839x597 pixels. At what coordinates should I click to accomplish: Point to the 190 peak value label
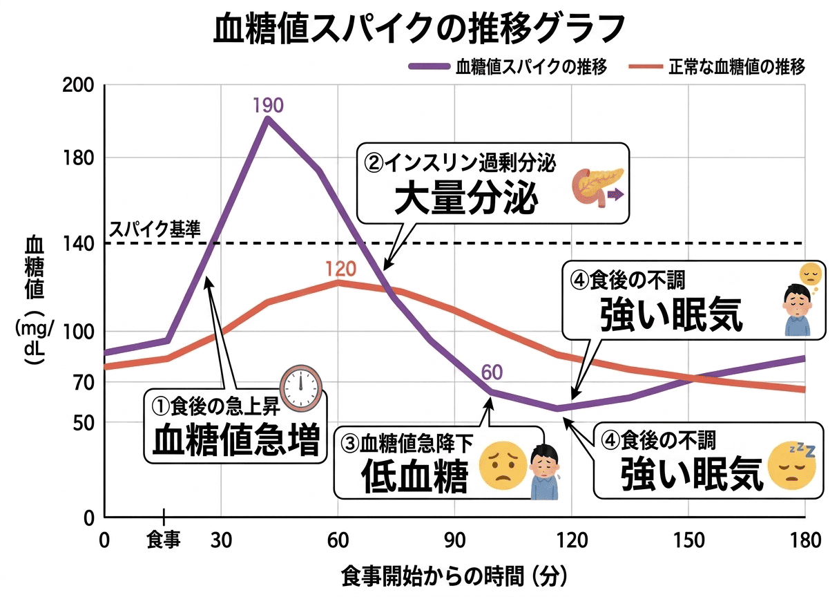(x=267, y=105)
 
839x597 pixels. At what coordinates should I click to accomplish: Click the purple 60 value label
(x=491, y=374)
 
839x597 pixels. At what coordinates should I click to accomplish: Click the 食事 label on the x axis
(x=164, y=540)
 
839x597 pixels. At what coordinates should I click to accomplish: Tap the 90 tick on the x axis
(x=454, y=540)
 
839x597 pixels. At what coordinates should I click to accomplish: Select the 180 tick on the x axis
(x=806, y=540)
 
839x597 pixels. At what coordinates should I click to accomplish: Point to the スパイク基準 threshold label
(x=155, y=229)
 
